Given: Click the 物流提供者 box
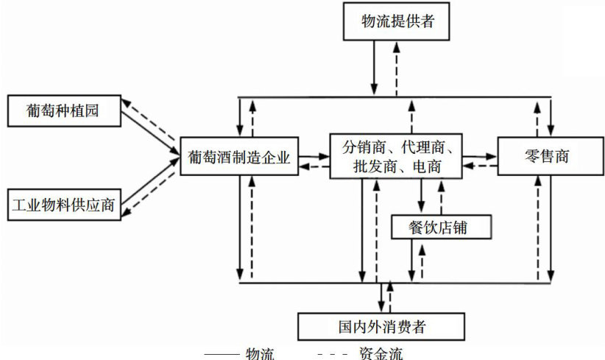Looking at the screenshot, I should pos(397,21).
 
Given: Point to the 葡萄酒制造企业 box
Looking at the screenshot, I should pos(239,156).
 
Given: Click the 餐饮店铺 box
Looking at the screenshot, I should pos(440,227).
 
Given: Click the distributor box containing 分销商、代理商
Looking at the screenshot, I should pos(396,156).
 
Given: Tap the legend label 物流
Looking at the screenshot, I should pos(259,354).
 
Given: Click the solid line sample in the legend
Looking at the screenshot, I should pos(220,355).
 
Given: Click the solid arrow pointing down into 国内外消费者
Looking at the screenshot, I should pos(380,297).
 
